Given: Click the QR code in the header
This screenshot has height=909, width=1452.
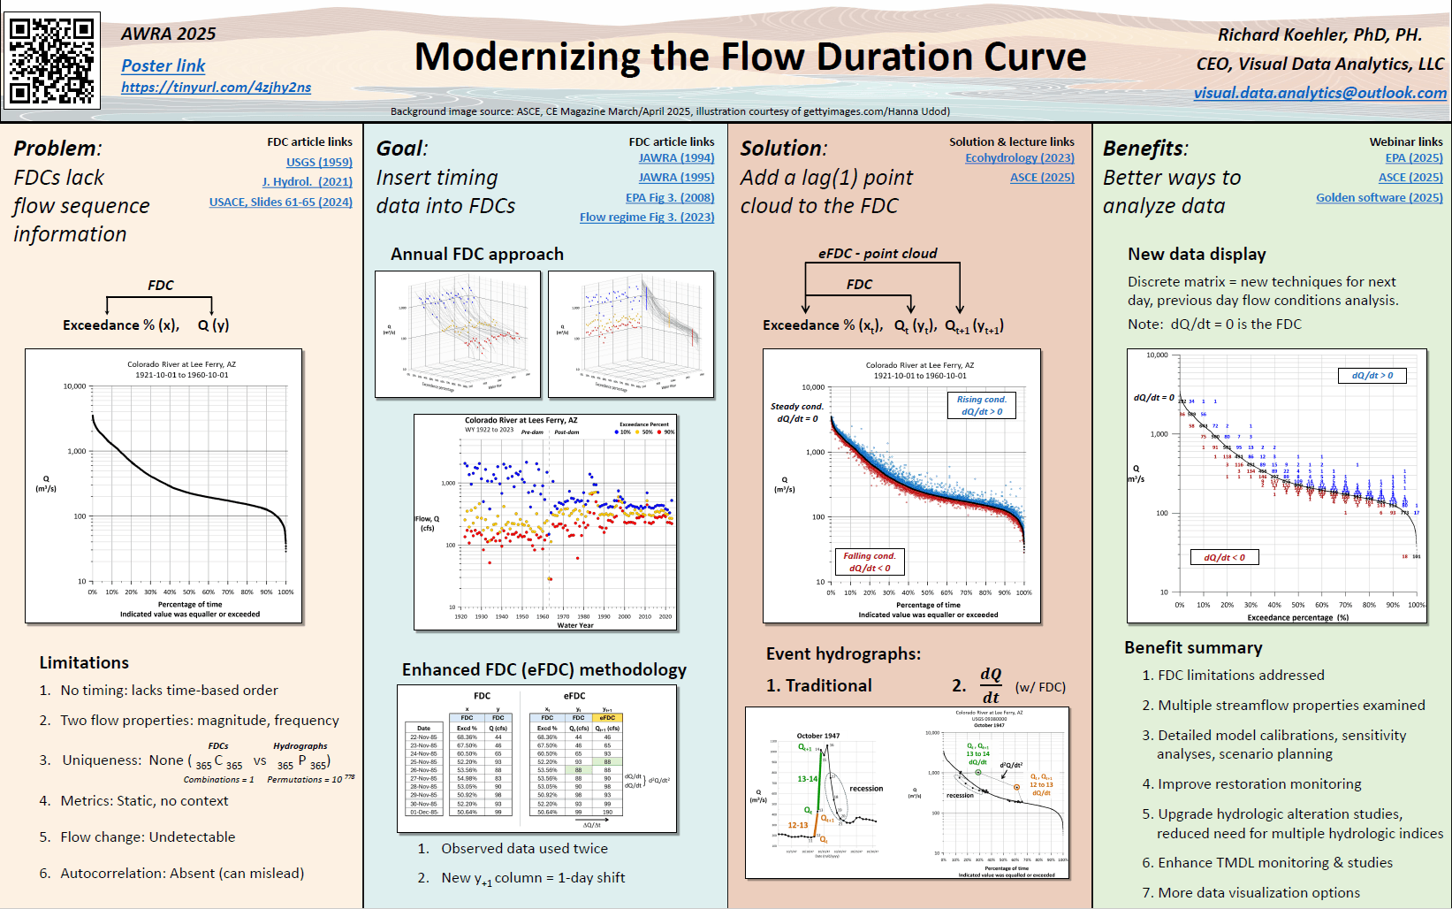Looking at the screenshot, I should coord(52,60).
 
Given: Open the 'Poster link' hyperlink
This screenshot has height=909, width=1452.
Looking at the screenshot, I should coord(163,65).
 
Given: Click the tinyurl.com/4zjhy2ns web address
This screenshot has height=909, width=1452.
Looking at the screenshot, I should coord(216,88).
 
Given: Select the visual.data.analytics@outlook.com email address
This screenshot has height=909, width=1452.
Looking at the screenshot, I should coord(1319,93).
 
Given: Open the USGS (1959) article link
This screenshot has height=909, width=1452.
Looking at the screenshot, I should coord(319,162).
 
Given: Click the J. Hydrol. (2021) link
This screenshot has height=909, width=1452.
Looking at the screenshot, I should coord(307,181).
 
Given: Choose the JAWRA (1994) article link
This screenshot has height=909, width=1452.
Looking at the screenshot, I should coord(676,157).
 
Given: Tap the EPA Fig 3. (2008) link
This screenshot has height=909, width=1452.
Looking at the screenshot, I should coord(669,197).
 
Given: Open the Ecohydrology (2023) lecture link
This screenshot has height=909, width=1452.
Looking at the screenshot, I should coord(1019,157).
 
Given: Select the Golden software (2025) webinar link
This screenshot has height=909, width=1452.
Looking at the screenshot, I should coord(1379,197).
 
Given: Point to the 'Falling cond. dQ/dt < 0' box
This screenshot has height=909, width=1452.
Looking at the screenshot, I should coord(870,561).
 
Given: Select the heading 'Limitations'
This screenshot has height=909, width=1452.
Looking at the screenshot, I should coord(84,662).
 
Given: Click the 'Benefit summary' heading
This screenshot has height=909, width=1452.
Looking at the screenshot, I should coord(1193,647).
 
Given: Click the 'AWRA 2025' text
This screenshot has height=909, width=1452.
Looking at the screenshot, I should coord(168,34).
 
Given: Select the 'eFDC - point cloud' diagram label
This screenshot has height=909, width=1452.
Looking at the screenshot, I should coord(877,253).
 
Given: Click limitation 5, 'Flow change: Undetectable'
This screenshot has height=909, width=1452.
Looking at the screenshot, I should coord(148,836).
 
